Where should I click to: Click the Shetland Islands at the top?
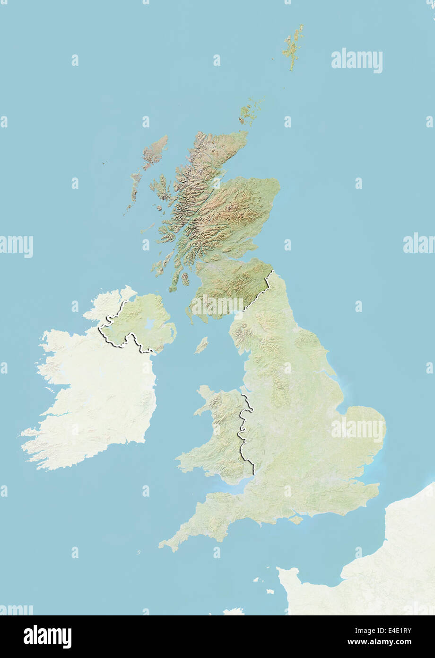(x=293, y=46)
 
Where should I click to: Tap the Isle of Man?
(x=201, y=345)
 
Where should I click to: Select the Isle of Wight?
(x=296, y=519)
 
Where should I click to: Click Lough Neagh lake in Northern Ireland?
(x=150, y=324)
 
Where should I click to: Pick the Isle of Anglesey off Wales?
(x=205, y=393)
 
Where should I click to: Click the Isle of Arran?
(x=185, y=279)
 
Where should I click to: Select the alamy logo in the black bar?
(x=47, y=636)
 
